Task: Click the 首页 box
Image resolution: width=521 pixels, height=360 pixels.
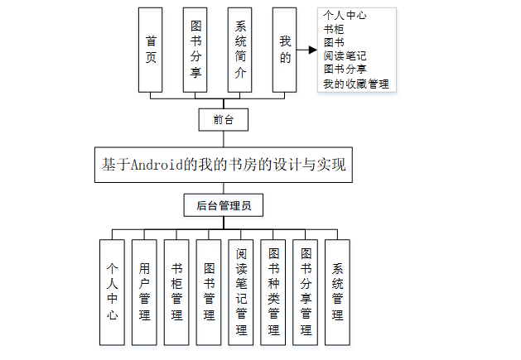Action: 151,49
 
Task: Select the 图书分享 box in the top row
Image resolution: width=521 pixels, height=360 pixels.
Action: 195,49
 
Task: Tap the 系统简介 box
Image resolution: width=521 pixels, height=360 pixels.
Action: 239,49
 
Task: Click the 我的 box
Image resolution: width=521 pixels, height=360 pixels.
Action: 284,49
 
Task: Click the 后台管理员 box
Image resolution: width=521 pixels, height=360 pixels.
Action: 224,204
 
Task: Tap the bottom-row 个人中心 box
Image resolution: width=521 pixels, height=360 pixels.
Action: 112,292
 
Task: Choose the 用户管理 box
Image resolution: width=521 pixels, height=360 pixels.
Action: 144,292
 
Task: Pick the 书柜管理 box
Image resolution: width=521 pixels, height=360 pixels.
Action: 176,292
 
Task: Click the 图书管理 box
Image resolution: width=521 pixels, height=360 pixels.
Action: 209,292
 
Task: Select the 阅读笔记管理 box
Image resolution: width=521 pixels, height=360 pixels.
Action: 241,292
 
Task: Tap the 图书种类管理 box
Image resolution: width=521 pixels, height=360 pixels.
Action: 273,292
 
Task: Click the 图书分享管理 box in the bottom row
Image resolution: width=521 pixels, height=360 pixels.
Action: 306,292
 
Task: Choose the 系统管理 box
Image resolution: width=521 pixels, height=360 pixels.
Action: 338,292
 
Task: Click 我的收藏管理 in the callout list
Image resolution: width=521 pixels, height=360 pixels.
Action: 356,84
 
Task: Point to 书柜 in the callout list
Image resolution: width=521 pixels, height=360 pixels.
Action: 334,28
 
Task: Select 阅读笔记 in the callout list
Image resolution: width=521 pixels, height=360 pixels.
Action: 345,56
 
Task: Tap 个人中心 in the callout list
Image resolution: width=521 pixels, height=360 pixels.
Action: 345,15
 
